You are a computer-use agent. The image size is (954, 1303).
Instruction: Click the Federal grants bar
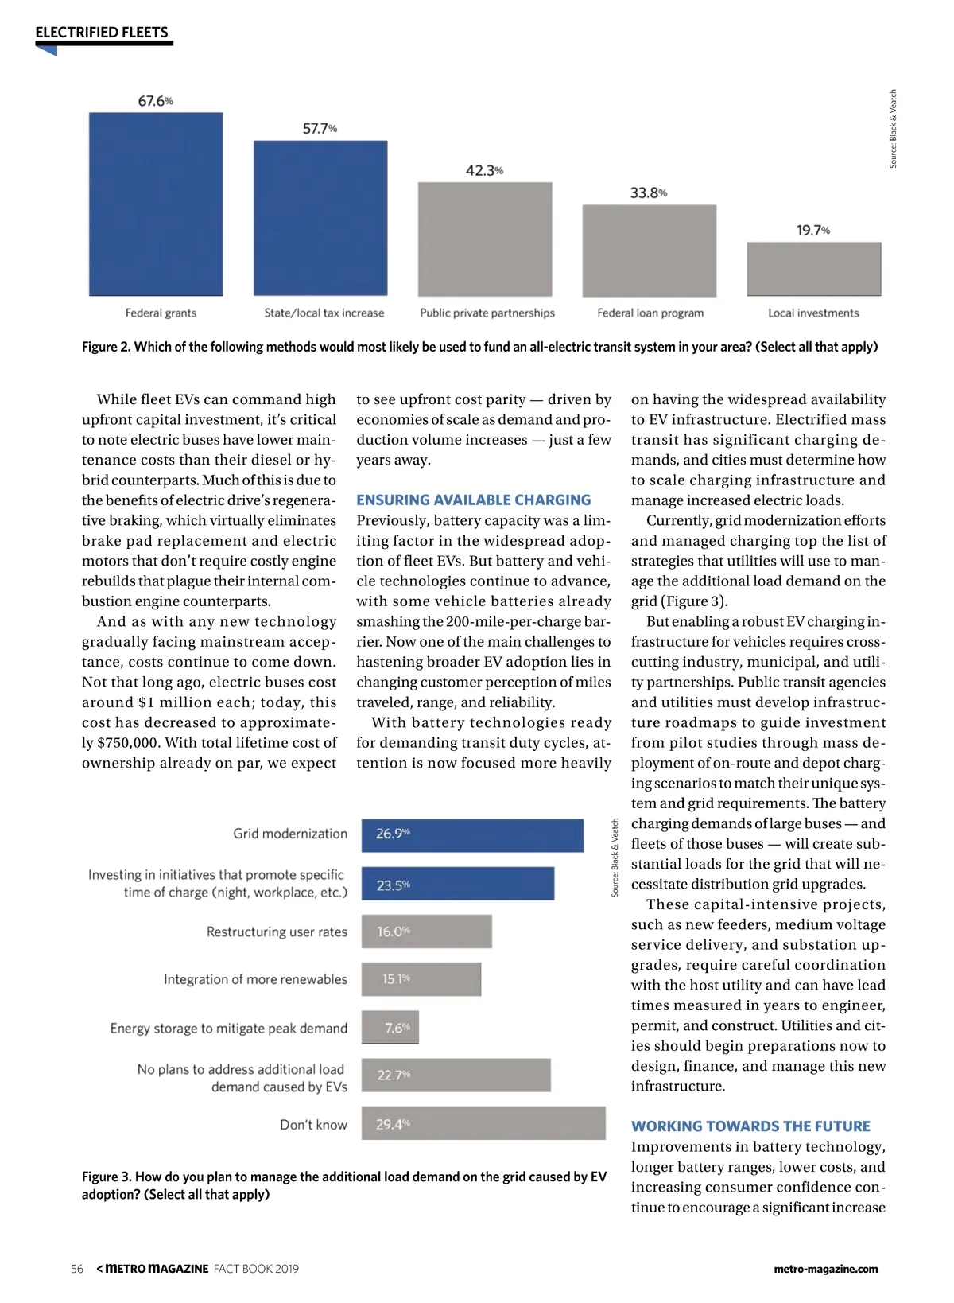coord(156,204)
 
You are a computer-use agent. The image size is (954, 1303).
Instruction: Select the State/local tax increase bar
coord(320,218)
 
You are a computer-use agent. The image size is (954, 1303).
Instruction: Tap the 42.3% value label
coord(484,171)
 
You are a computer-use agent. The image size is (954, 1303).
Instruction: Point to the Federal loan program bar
coord(650,251)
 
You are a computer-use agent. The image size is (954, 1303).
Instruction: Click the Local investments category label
coord(813,313)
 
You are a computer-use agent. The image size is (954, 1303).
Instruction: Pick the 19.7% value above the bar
coord(813,231)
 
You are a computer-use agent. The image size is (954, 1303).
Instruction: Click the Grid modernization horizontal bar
coord(472,835)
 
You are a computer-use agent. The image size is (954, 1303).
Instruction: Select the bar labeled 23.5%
coord(458,884)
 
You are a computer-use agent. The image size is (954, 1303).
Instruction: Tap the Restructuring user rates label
coord(277,932)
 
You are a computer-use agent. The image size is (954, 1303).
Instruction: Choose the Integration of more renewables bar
coord(421,979)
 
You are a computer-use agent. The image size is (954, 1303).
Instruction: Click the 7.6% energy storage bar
coord(390,1028)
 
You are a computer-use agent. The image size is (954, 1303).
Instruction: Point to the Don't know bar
coord(483,1123)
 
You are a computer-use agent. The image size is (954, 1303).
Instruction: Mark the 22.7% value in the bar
coord(394,1075)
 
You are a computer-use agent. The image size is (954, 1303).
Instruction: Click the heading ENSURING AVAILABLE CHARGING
coord(474,500)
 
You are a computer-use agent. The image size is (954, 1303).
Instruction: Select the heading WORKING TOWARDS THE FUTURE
coord(750,1126)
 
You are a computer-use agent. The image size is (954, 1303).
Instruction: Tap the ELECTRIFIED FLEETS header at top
coord(102,33)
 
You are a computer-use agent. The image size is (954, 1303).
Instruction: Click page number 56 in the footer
coord(77,1269)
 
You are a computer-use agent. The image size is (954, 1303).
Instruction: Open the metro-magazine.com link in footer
coord(825,1269)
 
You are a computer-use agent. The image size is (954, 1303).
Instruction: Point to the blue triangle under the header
coord(48,51)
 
